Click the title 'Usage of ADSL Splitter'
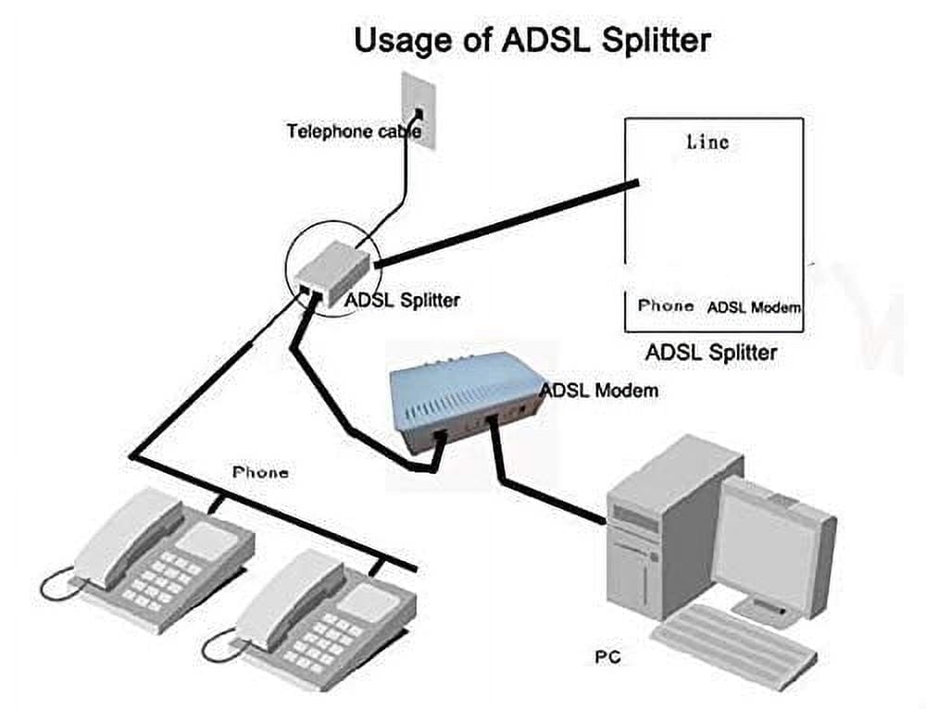click(532, 41)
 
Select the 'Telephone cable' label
click(354, 131)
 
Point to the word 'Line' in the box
click(707, 142)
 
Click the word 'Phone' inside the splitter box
click(666, 305)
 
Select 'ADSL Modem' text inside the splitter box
click(754, 307)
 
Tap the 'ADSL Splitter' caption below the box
click(710, 352)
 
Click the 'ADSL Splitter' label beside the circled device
click(402, 300)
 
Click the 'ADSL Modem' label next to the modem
click(598, 390)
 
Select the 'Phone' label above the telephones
click(260, 472)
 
